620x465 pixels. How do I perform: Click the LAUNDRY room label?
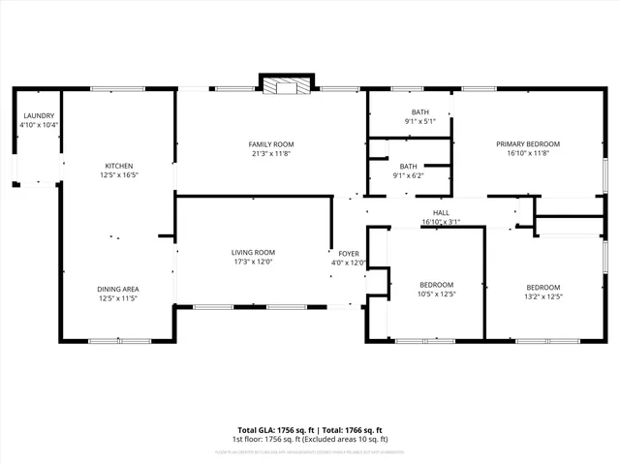[40, 116]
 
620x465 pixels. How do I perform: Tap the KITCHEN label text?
[119, 166]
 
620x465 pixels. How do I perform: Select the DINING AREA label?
[117, 289]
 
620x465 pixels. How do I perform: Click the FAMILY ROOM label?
[271, 144]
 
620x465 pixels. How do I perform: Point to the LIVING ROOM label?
[253, 252]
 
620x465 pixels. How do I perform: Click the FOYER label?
[349, 253]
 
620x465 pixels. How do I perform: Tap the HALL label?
[441, 212]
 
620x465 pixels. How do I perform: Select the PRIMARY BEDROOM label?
[528, 144]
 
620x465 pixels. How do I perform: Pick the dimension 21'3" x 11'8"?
[271, 153]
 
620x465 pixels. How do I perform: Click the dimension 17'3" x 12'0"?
[253, 262]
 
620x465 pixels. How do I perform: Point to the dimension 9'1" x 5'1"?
[419, 121]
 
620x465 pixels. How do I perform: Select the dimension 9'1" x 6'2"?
[408, 175]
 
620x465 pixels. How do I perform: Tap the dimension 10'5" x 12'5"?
[436, 294]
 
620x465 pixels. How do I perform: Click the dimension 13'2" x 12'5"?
[543, 296]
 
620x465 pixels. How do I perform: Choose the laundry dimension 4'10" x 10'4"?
[40, 125]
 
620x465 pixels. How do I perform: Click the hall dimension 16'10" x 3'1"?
[441, 222]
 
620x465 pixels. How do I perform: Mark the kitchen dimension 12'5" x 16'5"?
[119, 175]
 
